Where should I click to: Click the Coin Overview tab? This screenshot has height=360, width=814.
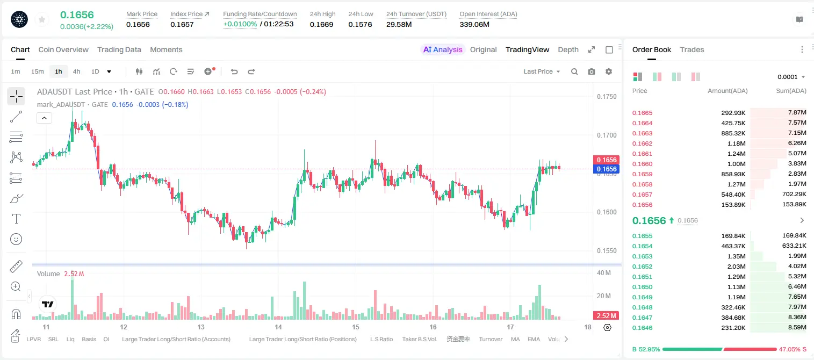pos(63,49)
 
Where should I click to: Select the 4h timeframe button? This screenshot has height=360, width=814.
pos(76,71)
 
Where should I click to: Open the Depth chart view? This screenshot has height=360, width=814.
pos(568,49)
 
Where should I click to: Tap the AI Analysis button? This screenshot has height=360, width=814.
pos(443,49)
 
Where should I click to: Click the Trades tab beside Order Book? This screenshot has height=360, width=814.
pos(691,49)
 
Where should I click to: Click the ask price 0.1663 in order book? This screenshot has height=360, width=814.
pos(642,133)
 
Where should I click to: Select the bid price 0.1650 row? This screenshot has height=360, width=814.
pos(642,287)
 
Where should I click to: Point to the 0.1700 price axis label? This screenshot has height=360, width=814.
pos(607,135)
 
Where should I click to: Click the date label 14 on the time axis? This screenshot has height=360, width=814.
pos(278,327)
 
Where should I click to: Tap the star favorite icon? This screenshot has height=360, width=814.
pos(42,20)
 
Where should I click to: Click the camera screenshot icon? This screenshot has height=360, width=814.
pos(591,71)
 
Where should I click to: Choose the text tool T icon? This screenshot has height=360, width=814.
pos(16,219)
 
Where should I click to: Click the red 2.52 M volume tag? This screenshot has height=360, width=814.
pos(606,316)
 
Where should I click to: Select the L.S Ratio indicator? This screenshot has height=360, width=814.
pos(381,339)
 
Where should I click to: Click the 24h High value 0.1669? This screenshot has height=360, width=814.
pos(321,24)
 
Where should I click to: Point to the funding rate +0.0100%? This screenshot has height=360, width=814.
pos(240,24)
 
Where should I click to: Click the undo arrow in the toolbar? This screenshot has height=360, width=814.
pos(234,71)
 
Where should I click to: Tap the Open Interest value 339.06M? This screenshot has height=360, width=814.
pos(474,24)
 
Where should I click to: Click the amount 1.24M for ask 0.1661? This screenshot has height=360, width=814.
pos(736,154)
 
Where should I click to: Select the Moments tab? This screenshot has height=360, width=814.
pos(166,49)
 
